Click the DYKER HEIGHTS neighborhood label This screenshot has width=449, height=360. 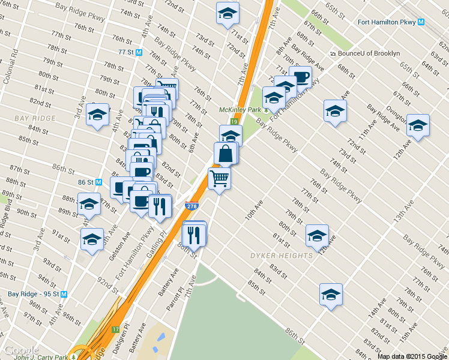click(x=282, y=256)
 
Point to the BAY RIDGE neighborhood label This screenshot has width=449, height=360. click(x=34, y=118)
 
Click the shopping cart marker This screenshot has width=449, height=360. click(x=219, y=178)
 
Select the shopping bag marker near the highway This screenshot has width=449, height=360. click(x=226, y=154)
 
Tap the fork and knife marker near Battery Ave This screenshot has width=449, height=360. click(x=194, y=234)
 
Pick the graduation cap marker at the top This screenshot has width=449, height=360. click(x=228, y=13)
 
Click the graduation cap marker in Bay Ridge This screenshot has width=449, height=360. click(x=96, y=115)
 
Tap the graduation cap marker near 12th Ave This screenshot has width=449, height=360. click(x=317, y=235)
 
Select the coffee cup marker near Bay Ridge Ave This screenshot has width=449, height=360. click(x=301, y=77)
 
